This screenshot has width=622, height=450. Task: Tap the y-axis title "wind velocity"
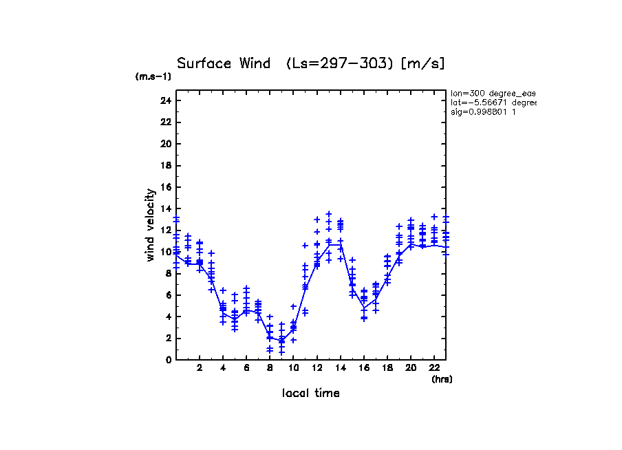coord(151,226)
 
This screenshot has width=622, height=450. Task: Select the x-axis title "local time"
coord(310,393)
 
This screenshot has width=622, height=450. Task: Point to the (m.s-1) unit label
coord(153,77)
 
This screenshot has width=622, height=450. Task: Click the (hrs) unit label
coord(442,378)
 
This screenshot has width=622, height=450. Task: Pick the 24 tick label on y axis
coord(165,100)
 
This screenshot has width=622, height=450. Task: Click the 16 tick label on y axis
coord(165,187)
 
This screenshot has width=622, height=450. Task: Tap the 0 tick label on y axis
coord(168,360)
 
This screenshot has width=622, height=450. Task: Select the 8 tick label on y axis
coord(168,273)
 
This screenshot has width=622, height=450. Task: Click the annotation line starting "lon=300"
coord(493,93)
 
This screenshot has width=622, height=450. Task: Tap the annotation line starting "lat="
coord(493,103)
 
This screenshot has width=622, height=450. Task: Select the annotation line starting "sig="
coord(483,111)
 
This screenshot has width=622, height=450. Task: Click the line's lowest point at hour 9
coord(281,340)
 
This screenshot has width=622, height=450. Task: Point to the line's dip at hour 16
coord(364,308)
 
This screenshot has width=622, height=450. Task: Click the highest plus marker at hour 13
coord(329,214)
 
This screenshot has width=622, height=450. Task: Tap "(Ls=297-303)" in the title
coord(340,63)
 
